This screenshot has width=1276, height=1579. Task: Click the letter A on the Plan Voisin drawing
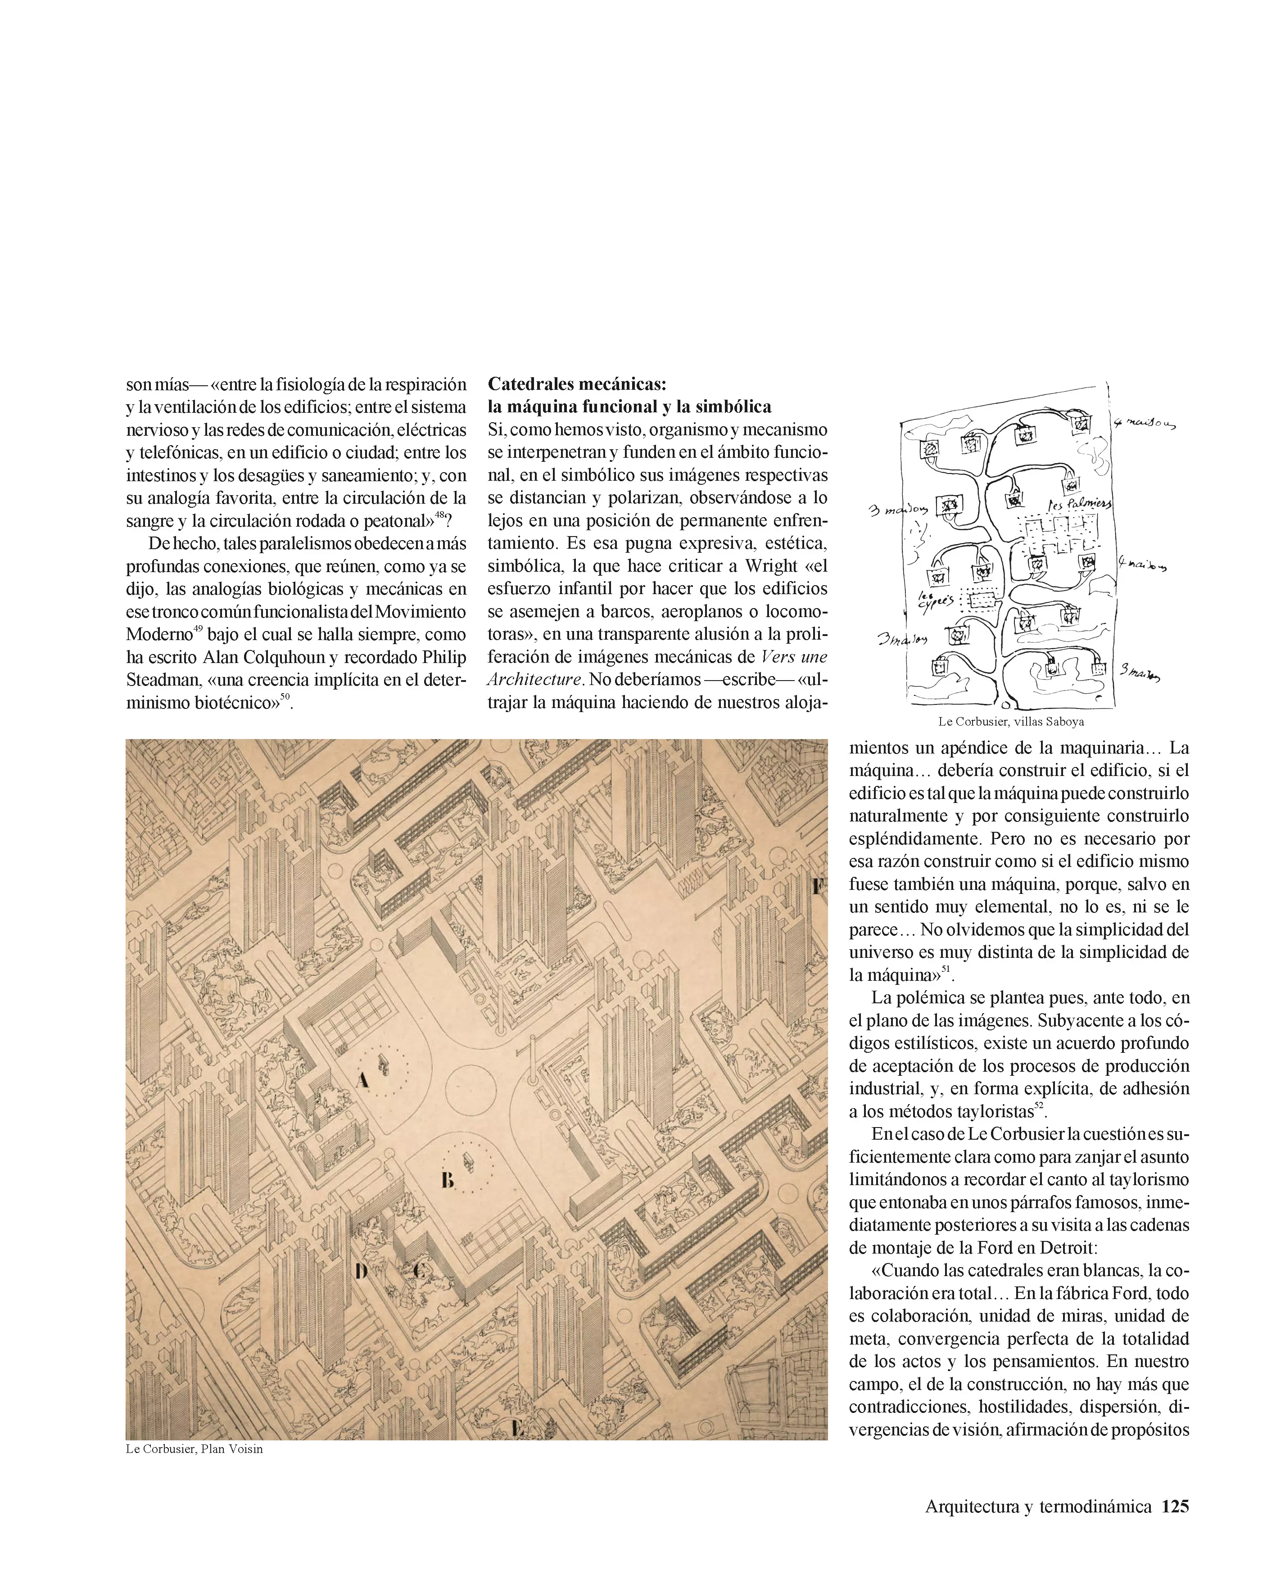(361, 1079)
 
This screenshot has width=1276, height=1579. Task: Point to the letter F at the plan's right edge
(817, 887)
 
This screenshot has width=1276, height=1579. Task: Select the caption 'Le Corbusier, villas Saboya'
(1011, 722)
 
